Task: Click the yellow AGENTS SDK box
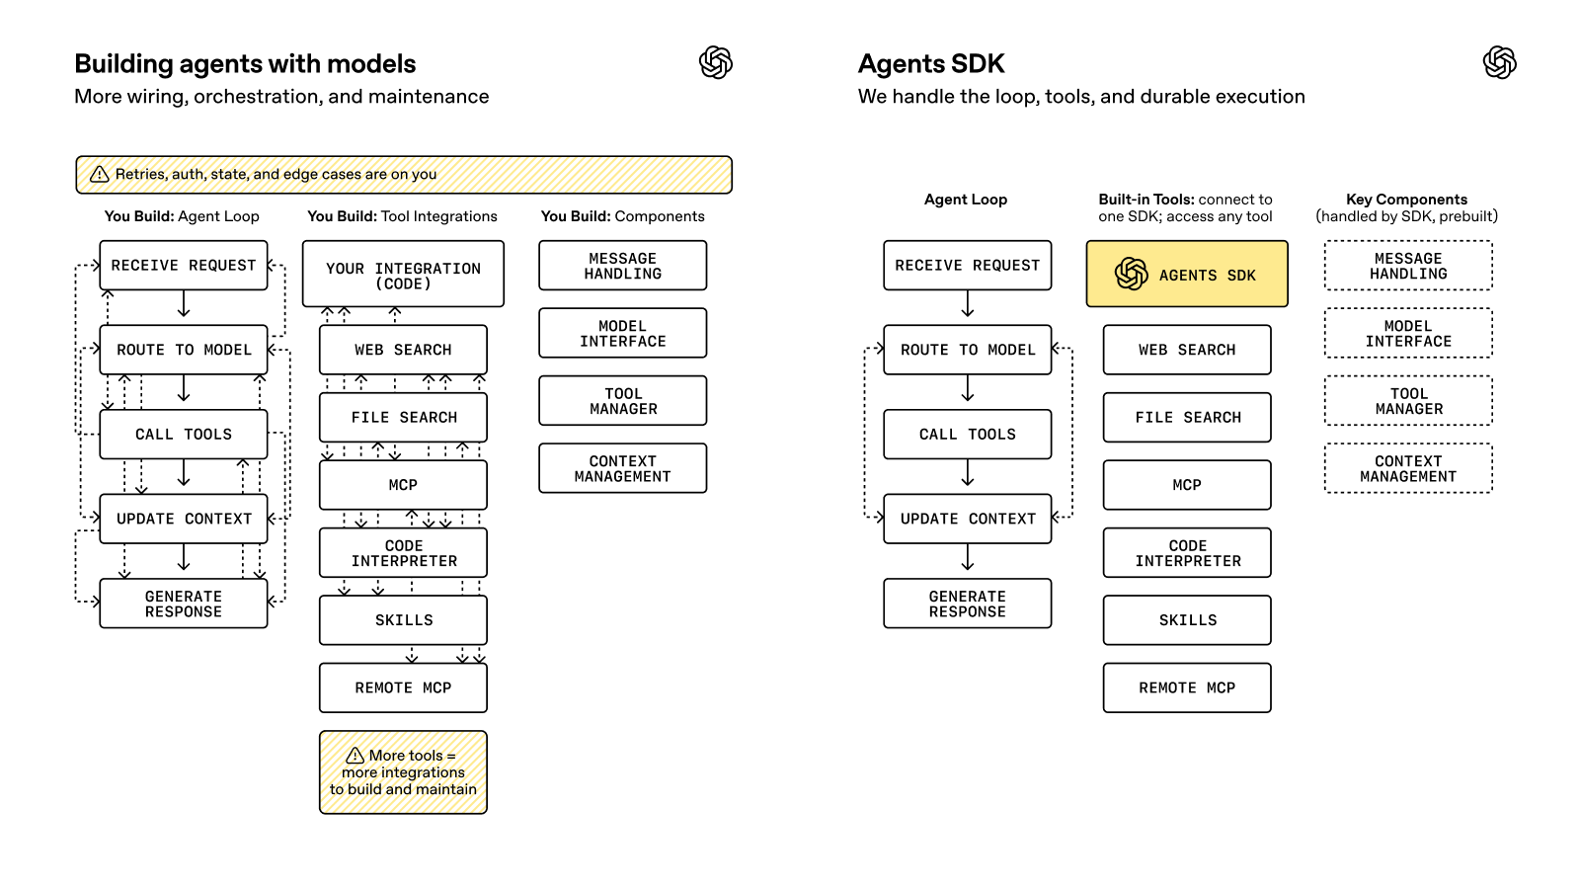(1187, 274)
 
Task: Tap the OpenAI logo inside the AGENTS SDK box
(1132, 274)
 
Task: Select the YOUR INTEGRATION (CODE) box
(403, 275)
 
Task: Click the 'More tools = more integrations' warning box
(403, 772)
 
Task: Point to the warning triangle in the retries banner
(100, 175)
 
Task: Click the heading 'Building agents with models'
(245, 64)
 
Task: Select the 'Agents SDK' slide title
(931, 64)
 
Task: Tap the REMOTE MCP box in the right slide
(1187, 687)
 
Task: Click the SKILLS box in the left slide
(403, 620)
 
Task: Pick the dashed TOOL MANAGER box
(1408, 401)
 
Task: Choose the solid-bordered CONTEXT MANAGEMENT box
(622, 468)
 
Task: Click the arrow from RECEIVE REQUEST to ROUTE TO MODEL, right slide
(968, 305)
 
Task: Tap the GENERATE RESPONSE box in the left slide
(184, 604)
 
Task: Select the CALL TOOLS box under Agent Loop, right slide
(968, 435)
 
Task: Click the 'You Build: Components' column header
(622, 216)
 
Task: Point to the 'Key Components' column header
(1406, 200)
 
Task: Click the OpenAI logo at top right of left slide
(716, 63)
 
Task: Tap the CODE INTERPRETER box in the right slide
(1187, 553)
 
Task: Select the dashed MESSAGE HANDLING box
(1408, 266)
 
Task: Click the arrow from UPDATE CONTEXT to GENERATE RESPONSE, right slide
(968, 559)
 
